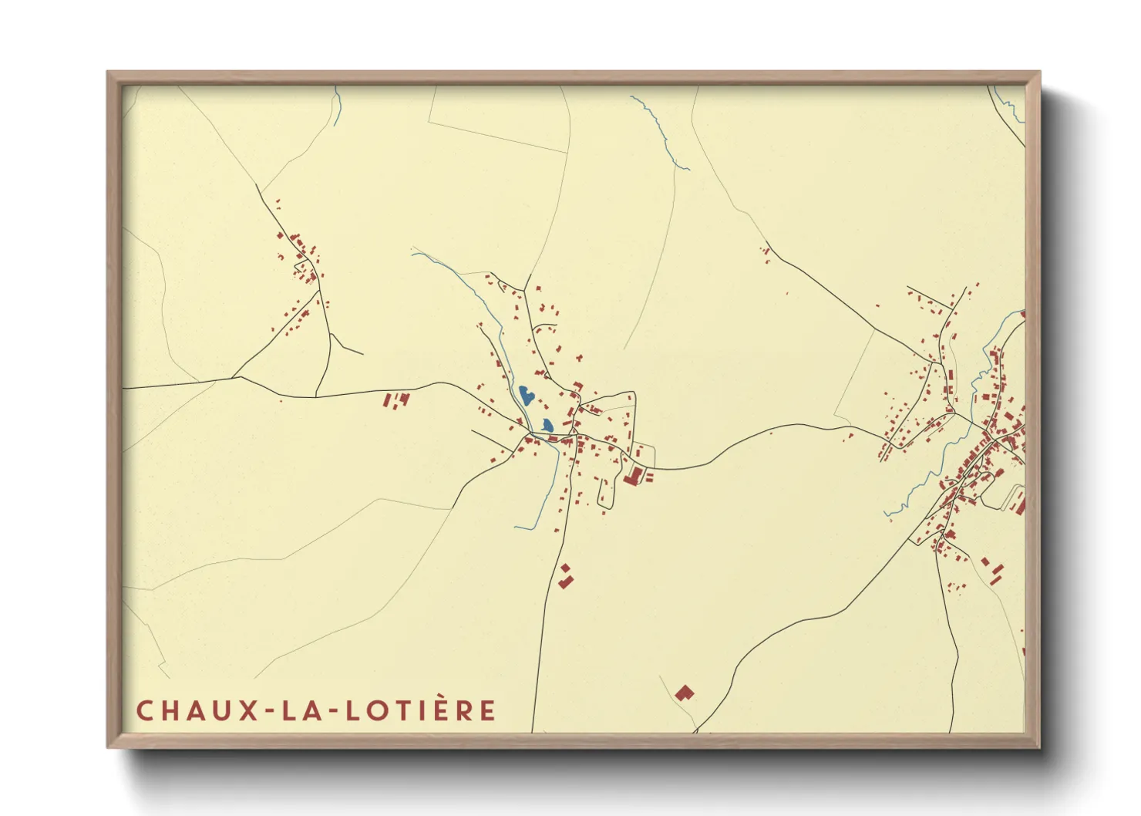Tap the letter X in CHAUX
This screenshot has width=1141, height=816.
pyautogui.click(x=248, y=710)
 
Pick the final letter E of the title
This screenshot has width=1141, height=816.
pyautogui.click(x=487, y=710)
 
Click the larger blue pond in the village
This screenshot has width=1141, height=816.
pyautogui.click(x=527, y=396)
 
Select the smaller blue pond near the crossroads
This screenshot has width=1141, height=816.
pyautogui.click(x=547, y=424)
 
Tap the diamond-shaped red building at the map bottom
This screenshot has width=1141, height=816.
pyautogui.click(x=685, y=692)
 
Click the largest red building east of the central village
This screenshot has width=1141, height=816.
pyautogui.click(x=634, y=477)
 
